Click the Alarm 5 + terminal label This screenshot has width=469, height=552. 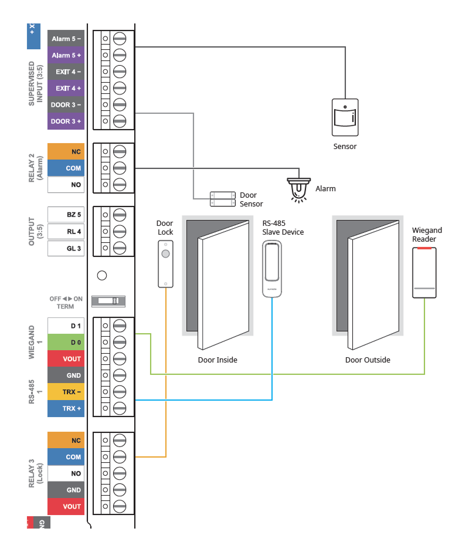[65, 55]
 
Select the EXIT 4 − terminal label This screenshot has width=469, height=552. [65, 72]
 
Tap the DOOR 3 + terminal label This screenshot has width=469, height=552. [65, 121]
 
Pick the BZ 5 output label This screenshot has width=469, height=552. [65, 215]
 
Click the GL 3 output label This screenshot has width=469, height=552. [65, 248]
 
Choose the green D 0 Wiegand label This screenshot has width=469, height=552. [65, 342]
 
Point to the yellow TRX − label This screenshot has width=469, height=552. [65, 392]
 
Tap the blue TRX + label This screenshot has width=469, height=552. [65, 408]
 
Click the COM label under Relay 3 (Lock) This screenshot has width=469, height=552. [65, 457]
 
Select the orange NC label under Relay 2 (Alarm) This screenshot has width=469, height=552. [65, 152]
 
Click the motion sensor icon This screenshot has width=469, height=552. [345, 117]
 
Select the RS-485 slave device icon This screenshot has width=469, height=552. [271, 269]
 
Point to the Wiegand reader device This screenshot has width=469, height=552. [424, 273]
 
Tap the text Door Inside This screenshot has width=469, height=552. [217, 360]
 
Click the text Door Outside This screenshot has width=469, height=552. [368, 360]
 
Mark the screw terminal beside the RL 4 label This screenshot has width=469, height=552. [119, 231]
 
